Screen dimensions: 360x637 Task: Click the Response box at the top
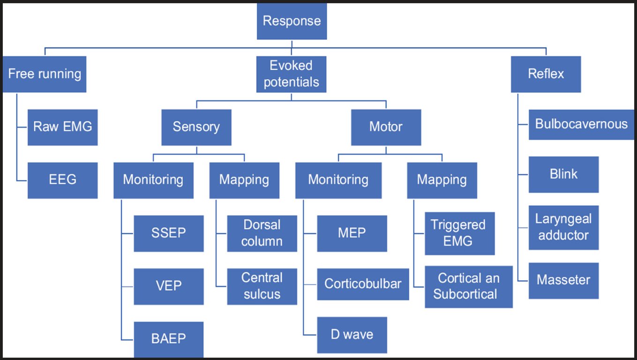[292, 22]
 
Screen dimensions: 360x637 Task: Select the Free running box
[45, 74]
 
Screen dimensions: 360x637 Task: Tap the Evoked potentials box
[292, 74]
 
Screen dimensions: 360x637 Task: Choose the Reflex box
[546, 74]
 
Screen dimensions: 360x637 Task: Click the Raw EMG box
[62, 127]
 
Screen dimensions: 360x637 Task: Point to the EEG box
[62, 180]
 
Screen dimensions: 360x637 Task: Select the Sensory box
[196, 127]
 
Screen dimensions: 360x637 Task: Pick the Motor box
[386, 127]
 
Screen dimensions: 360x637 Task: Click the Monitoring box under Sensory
[153, 180]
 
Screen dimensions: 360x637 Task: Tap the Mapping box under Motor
[442, 180]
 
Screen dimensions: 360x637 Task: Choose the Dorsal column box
[262, 233]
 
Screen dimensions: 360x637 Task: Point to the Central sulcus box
[262, 286]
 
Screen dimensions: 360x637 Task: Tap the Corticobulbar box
[363, 284]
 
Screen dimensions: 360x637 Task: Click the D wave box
[352, 335]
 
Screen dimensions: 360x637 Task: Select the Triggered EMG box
[459, 233]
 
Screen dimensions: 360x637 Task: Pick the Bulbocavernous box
[581, 124]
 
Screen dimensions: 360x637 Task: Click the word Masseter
[563, 280]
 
